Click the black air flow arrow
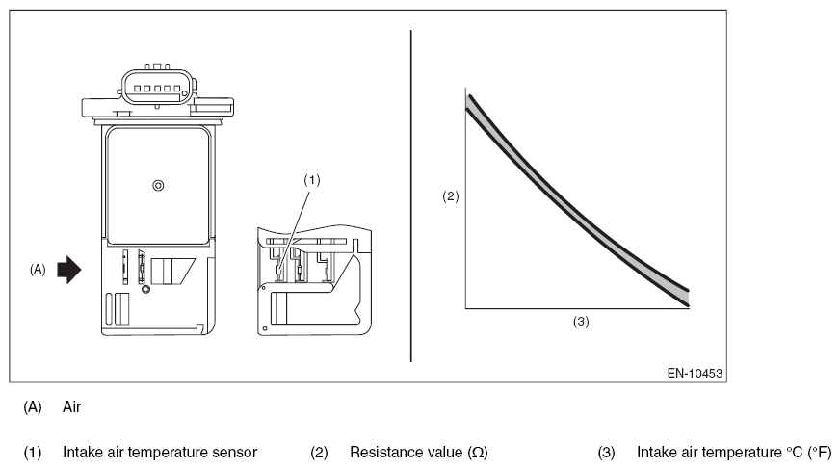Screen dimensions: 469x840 point(70,271)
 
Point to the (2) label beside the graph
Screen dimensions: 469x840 point(450,195)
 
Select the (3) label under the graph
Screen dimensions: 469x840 point(581,322)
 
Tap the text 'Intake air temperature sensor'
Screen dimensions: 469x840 point(160,452)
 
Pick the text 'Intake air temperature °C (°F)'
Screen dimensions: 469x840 point(733,452)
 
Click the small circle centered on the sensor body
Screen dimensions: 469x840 point(158,186)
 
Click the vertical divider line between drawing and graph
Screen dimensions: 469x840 point(411,193)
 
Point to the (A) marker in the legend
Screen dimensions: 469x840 point(33,407)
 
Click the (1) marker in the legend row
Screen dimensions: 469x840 point(33,452)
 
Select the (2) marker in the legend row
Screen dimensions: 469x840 point(320,452)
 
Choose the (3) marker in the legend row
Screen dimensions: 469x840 point(607,452)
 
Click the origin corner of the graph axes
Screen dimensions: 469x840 point(466,308)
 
